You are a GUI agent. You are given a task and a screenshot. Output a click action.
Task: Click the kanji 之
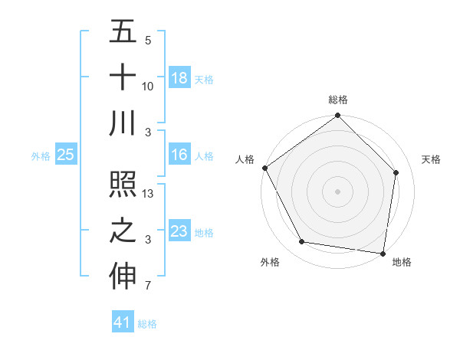123,231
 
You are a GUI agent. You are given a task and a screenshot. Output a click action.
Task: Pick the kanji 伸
123,277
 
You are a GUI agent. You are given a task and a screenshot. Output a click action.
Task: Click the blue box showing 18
179,78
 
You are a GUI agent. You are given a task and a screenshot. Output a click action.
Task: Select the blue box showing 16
179,155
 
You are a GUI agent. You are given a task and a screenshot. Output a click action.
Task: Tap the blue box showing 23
179,231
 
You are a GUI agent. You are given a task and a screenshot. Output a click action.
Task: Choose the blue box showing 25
65,155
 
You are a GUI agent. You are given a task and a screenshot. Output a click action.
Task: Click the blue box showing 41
123,322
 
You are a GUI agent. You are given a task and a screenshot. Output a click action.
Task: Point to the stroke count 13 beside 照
148,194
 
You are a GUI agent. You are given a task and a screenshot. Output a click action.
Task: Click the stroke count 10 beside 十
148,87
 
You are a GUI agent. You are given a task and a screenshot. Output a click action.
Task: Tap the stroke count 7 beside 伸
148,286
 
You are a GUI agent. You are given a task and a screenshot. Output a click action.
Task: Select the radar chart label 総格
337,100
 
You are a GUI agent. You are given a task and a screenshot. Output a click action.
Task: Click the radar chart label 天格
431,159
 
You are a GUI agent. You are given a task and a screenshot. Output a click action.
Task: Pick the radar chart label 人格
245,159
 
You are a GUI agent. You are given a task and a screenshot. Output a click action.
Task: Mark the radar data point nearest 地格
383,253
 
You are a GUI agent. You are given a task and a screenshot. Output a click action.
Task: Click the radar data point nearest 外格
302,242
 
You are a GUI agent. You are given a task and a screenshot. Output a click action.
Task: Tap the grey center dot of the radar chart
337,191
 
